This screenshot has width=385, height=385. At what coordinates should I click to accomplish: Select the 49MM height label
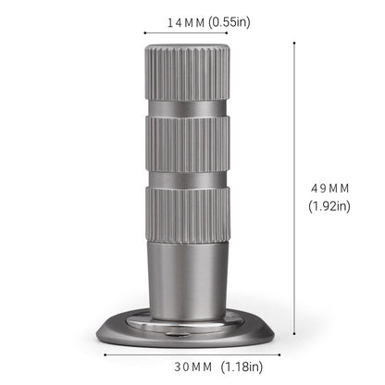[x=330, y=188]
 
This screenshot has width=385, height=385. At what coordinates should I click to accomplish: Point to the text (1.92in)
[x=330, y=206]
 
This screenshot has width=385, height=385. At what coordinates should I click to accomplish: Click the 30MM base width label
[x=165, y=366]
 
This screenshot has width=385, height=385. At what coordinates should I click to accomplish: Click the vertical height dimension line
[x=294, y=185]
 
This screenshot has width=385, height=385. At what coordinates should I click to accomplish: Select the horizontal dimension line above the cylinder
[x=192, y=35]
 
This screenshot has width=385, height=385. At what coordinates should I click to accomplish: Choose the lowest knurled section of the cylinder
[x=192, y=215]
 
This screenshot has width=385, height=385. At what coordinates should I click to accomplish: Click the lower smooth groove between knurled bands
[x=192, y=179]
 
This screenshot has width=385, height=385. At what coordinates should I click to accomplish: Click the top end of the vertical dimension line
[x=294, y=41]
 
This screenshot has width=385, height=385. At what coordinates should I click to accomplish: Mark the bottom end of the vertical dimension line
[x=294, y=335]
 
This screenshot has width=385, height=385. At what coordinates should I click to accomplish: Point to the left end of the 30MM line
[x=105, y=353]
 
